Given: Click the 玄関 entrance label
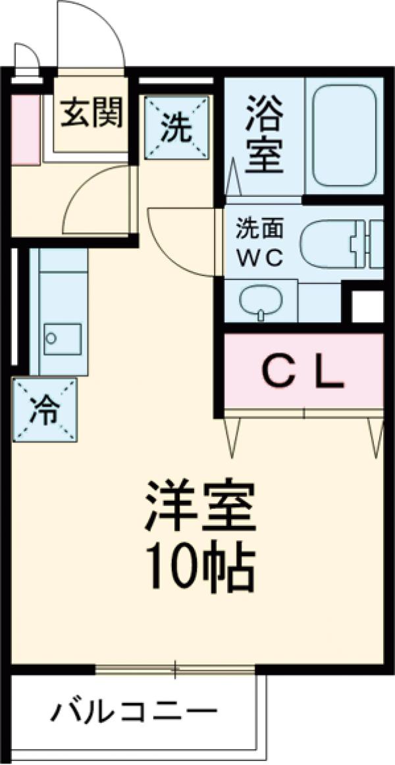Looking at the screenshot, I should (x=93, y=114).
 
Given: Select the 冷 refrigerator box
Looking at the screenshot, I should (x=45, y=410).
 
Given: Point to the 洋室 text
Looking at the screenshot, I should (x=201, y=505).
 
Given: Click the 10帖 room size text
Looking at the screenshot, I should (x=201, y=568).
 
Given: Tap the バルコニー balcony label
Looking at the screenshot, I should (x=135, y=712).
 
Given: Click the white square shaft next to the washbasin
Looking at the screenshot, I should (x=367, y=306).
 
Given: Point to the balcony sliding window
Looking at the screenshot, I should (x=175, y=669).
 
